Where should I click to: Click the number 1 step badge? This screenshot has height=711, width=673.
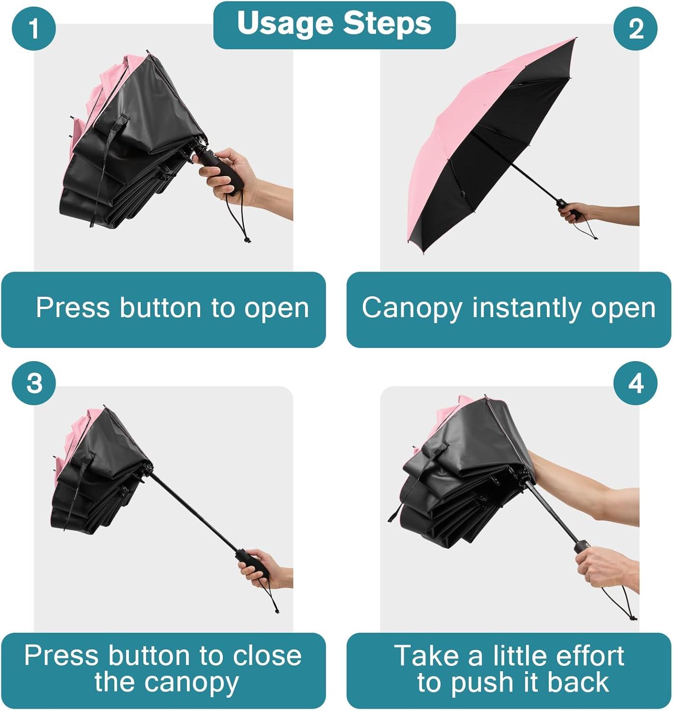pos(34,28)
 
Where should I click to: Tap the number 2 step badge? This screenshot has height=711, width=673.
pos(636,28)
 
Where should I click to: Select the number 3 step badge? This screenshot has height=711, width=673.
pos(34,383)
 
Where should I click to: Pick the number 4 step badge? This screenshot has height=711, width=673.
pos(636,383)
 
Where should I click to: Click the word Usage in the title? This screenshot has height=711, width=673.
pos(285,24)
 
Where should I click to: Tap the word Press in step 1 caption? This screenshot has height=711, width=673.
pos(73,308)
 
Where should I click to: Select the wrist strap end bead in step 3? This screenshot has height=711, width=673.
pos(277,611)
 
